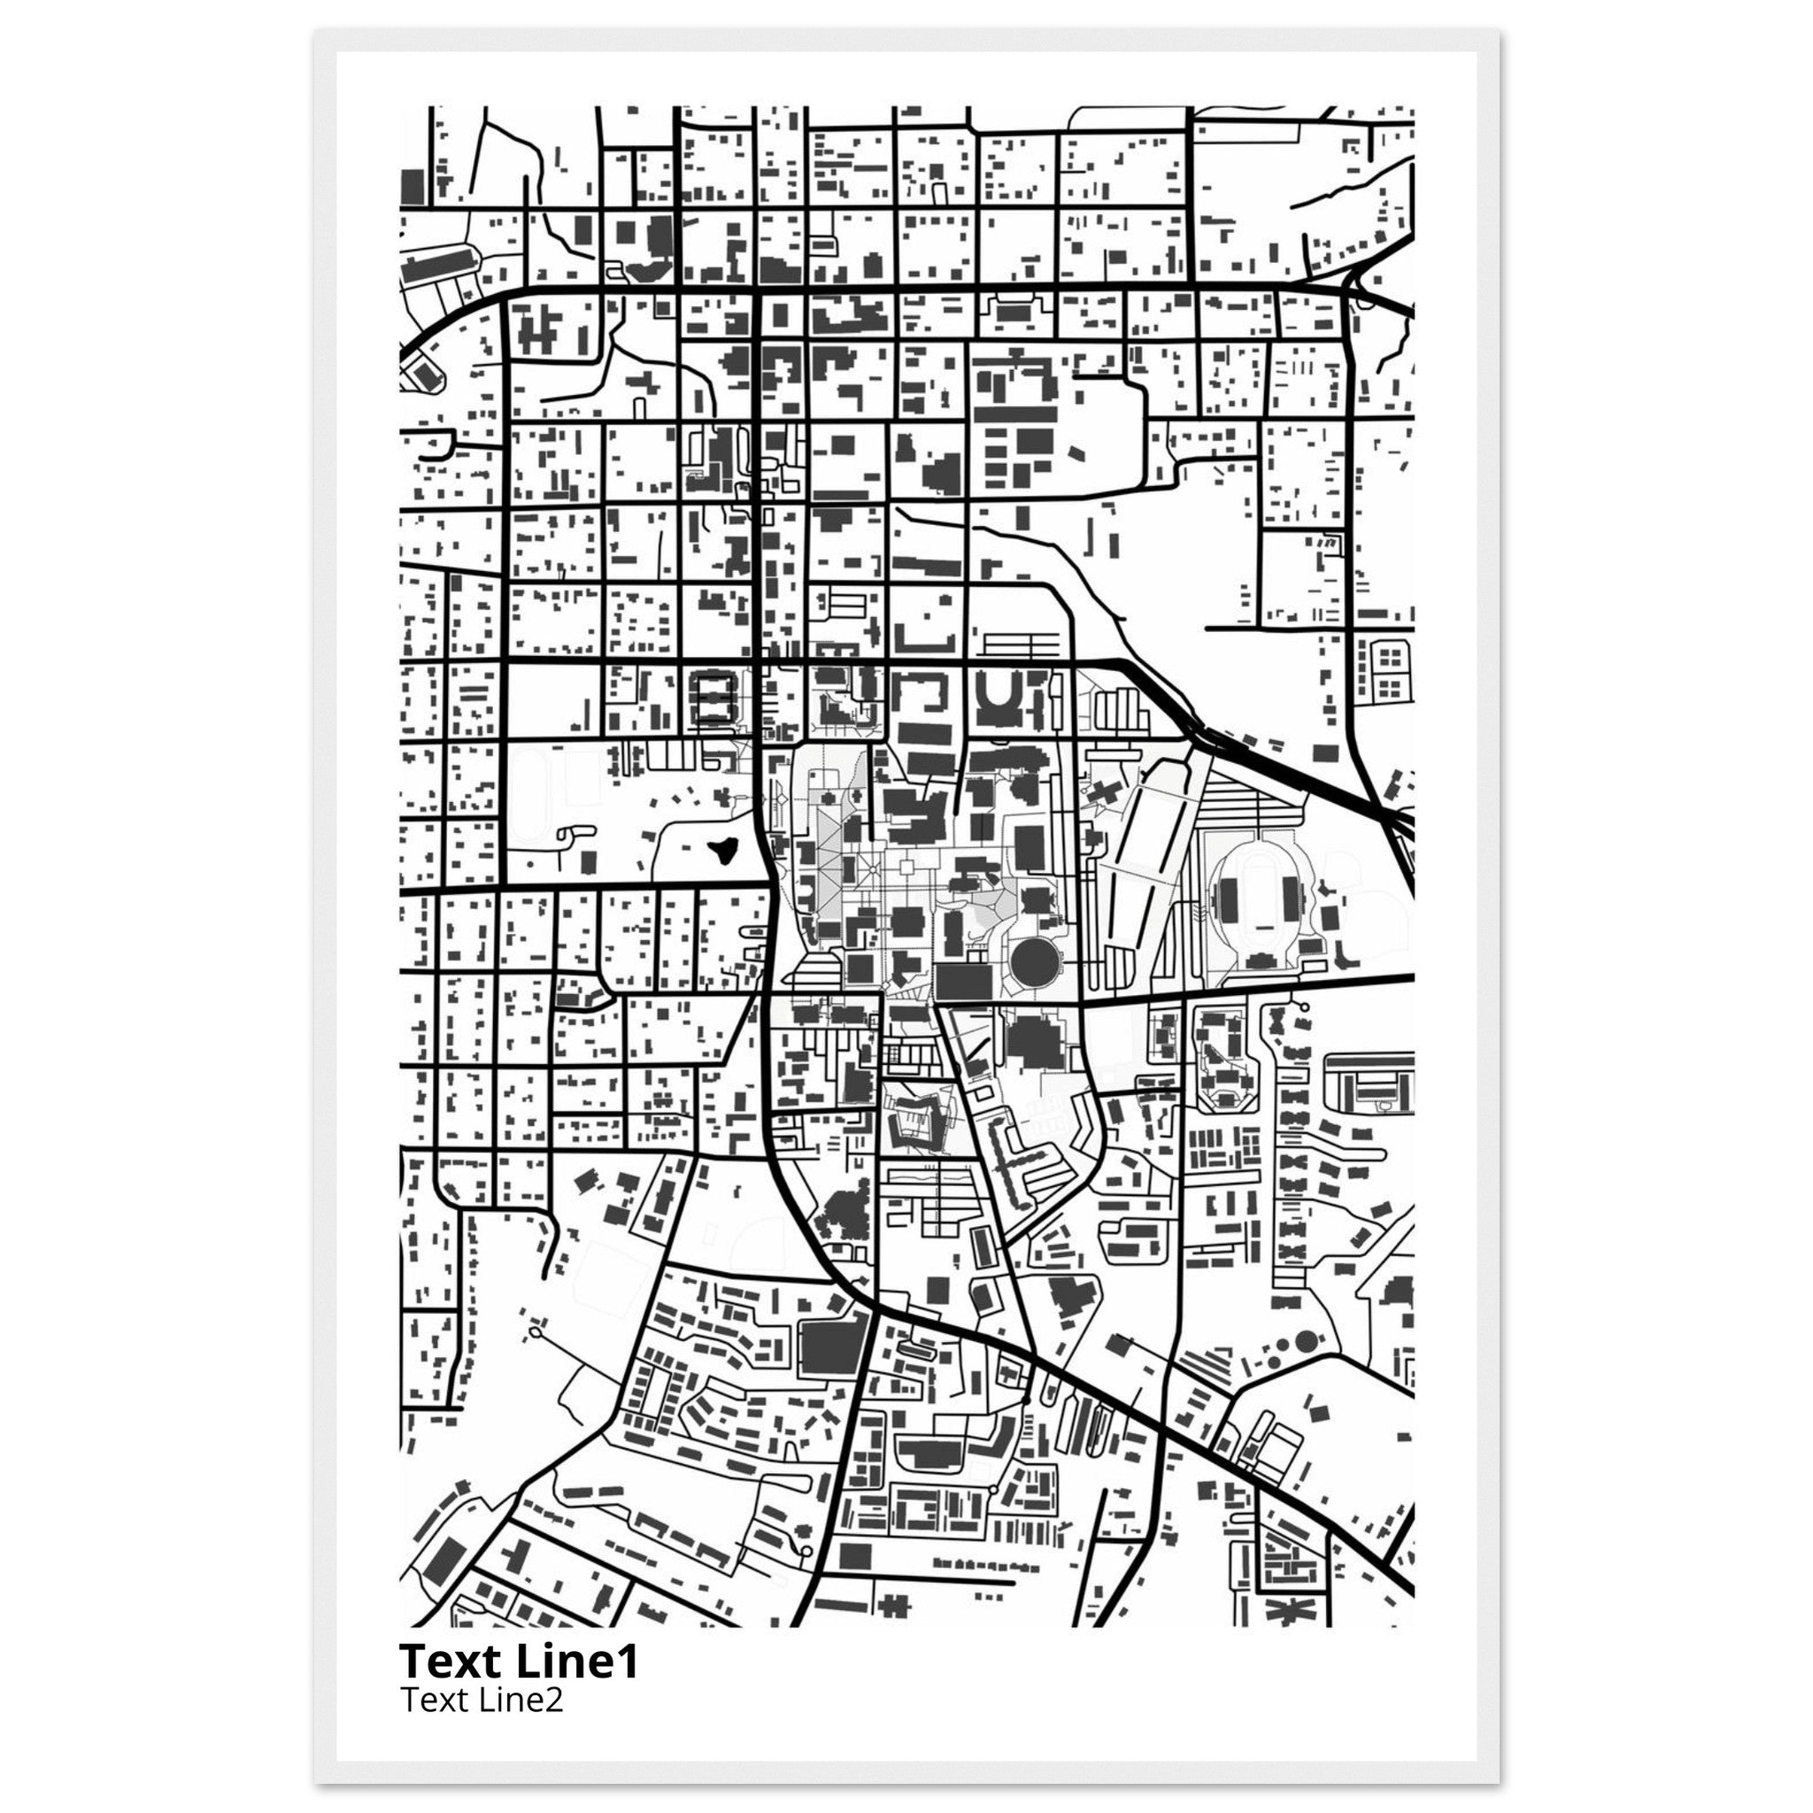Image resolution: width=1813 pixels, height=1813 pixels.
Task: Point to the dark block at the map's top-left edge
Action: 411,187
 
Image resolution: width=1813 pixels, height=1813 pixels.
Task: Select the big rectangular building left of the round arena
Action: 963,982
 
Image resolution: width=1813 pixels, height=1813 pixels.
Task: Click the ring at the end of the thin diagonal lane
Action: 536,1331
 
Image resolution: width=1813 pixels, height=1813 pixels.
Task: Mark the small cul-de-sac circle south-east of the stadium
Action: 1304,1009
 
